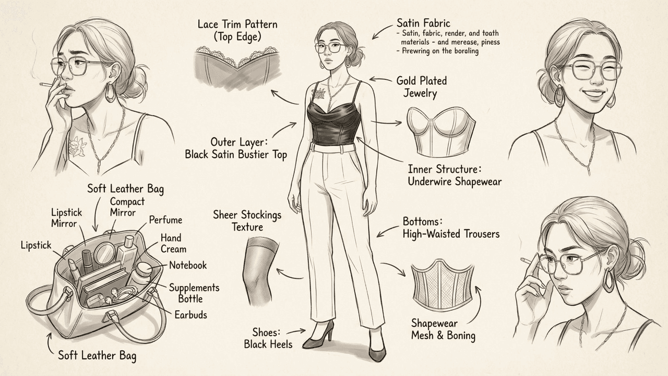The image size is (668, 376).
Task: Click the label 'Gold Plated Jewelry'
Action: (421, 87)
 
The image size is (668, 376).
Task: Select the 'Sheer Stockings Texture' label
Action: (247, 221)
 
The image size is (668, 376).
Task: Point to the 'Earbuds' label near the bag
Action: (191, 314)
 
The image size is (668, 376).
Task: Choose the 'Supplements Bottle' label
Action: (194, 293)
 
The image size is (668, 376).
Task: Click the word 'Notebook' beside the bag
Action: (187, 265)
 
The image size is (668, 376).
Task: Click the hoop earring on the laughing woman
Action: (559, 96)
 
